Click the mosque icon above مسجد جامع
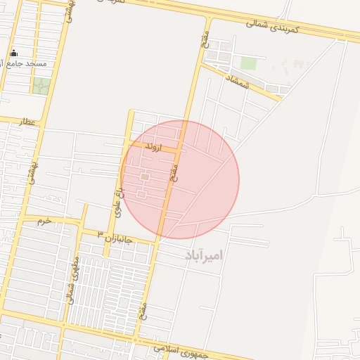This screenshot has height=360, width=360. (14, 53)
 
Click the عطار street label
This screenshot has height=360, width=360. (27, 122)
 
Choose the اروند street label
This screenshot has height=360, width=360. (151, 148)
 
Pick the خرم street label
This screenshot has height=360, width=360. (44, 221)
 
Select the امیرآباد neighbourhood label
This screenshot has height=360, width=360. (203, 255)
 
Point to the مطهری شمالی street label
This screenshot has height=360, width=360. (72, 279)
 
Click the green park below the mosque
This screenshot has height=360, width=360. (41, 86)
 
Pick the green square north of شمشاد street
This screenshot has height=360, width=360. (248, 63)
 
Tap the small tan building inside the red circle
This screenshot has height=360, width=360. (144, 177)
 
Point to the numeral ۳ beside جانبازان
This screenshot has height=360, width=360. (101, 233)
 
